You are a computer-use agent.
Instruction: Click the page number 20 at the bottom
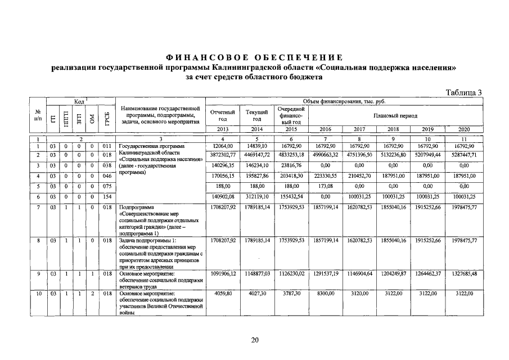coord(254,339)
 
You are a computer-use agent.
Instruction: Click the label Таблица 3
coord(464,93)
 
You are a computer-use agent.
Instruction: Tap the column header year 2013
coord(222,129)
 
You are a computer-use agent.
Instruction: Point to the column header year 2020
coord(463,129)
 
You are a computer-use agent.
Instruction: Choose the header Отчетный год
coord(222,115)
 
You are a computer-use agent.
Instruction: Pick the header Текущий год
coord(257,115)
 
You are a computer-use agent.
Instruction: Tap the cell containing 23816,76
coord(291,165)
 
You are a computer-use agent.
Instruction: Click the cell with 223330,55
coord(326,176)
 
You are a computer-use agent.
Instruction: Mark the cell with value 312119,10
coord(257,196)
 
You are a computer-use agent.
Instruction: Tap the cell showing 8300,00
coord(326,293)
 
